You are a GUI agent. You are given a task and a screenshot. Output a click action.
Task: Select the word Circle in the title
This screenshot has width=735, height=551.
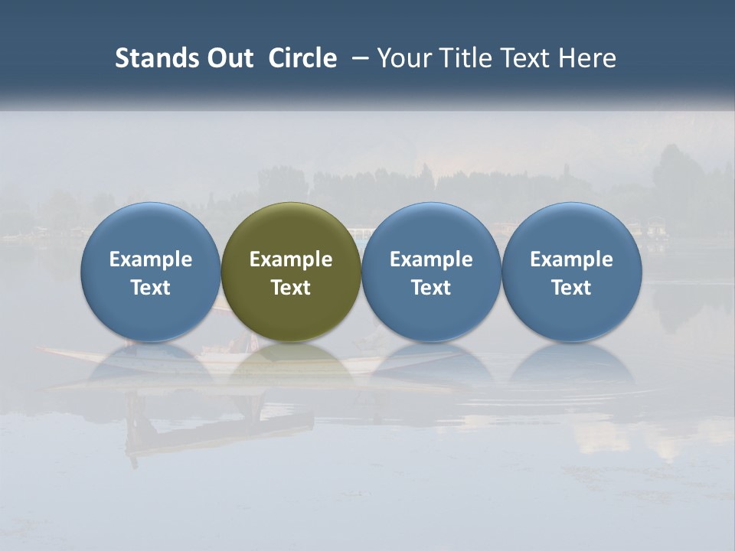(302, 58)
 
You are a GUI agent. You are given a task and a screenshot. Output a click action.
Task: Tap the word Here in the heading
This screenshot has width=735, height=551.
(589, 58)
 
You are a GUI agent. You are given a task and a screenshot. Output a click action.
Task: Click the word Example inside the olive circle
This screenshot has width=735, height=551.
(291, 259)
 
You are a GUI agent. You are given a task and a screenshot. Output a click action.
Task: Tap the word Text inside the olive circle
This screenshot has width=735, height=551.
(291, 288)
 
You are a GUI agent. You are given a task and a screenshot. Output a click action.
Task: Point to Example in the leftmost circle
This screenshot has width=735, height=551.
(151, 259)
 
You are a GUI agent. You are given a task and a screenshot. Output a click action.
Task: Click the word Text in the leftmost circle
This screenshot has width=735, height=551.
(151, 288)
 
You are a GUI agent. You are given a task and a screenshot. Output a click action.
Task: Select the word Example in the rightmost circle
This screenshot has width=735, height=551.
(571, 259)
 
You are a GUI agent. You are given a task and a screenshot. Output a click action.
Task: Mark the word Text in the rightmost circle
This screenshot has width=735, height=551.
(571, 288)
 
